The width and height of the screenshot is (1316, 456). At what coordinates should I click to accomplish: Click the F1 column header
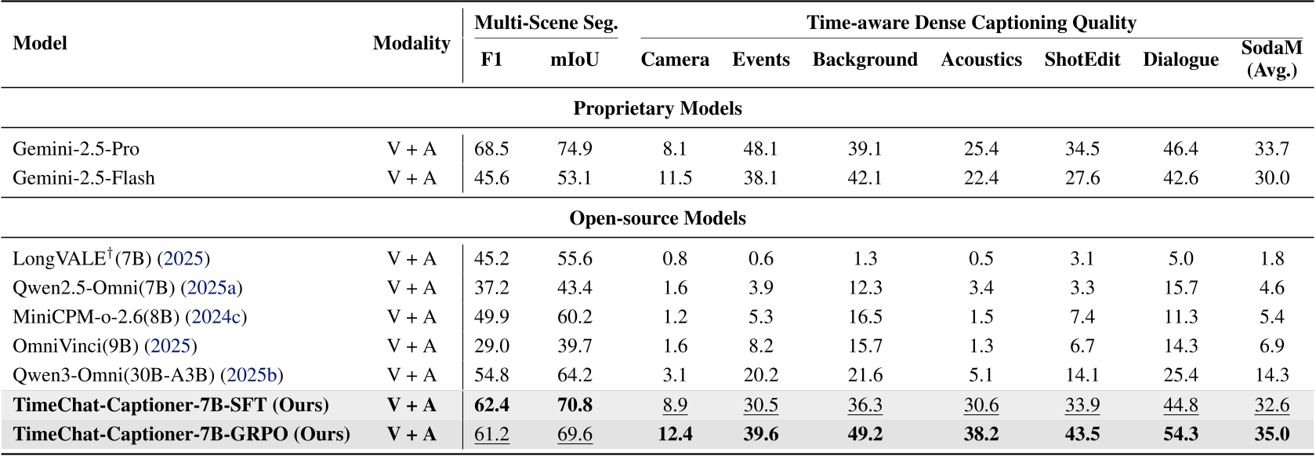coord(491,60)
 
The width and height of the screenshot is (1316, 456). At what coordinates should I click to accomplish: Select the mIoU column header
coord(575,60)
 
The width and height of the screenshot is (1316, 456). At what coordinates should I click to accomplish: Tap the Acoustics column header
coord(981,60)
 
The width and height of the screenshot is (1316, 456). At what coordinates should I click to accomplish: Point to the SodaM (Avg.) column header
coord(1271,59)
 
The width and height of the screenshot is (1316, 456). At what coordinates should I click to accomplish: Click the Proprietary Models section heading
coord(658,108)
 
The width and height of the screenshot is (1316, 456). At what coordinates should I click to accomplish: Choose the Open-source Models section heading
coord(658,218)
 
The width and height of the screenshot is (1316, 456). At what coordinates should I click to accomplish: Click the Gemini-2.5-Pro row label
coord(76,149)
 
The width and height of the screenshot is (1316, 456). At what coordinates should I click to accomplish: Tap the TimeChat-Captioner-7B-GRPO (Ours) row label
coord(182,434)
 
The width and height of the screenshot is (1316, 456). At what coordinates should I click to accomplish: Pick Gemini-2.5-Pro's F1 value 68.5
coord(491,149)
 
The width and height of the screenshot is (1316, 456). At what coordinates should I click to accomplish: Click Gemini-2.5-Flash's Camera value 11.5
coord(675,178)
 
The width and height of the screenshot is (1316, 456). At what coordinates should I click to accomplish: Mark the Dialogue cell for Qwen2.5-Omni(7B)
coord(1180,288)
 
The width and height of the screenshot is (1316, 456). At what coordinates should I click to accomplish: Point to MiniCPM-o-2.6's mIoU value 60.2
coord(575,317)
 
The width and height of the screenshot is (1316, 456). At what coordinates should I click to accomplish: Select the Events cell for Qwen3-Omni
coord(760,375)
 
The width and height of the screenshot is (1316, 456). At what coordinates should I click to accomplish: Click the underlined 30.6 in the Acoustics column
coord(981,405)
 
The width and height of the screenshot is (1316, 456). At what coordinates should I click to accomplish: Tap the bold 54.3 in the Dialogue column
coord(1180,434)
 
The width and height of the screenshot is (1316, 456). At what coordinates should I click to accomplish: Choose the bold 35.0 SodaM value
coord(1271,434)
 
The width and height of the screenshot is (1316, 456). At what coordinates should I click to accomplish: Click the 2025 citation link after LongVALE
coord(183,259)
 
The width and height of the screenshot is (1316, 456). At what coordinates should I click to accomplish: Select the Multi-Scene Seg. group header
coord(546,23)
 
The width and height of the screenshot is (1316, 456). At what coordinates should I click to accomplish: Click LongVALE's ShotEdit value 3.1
coord(1082,259)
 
